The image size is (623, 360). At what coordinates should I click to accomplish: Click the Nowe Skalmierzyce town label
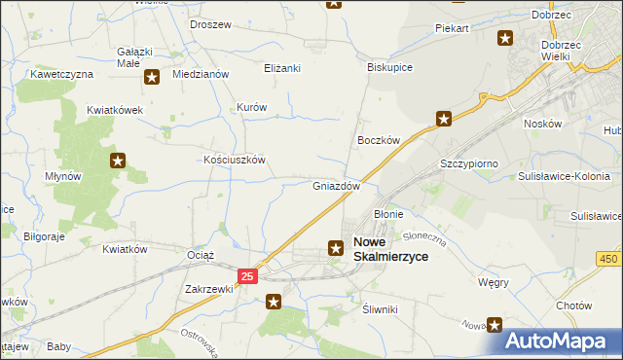[389, 249]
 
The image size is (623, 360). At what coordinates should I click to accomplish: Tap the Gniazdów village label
[337, 186]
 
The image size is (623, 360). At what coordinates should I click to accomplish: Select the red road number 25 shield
[247, 277]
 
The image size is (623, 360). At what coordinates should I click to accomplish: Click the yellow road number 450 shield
[609, 258]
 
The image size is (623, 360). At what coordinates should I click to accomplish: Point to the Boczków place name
[379, 140]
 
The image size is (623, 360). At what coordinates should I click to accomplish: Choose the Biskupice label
[390, 68]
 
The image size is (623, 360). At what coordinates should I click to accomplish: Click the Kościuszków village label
[234, 160]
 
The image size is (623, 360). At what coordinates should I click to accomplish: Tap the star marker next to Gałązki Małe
[152, 77]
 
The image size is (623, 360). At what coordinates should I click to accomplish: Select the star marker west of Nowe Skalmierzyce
[336, 248]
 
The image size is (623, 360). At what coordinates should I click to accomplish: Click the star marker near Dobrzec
[505, 39]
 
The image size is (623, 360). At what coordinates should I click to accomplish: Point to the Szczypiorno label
[469, 163]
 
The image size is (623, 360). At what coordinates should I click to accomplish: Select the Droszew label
[211, 24]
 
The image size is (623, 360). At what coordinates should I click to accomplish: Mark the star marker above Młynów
[118, 161]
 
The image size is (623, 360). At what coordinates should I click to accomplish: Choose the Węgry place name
[493, 282]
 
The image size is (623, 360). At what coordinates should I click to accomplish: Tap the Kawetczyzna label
[61, 74]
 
